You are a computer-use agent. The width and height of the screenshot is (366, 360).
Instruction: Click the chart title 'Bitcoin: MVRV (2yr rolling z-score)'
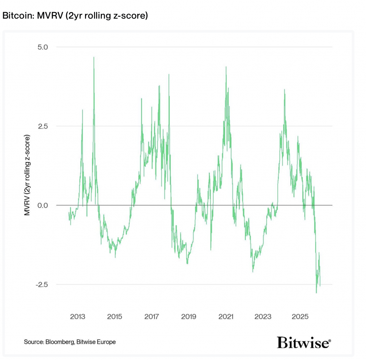[x=75, y=16]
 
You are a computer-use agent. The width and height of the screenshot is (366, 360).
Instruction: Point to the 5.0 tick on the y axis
[x=45, y=47]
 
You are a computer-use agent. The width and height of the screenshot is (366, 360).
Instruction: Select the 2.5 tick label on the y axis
[x=45, y=126]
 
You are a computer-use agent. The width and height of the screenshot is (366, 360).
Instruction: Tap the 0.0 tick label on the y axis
[x=45, y=205]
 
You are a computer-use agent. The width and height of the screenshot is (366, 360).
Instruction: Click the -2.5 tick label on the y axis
[x=44, y=285]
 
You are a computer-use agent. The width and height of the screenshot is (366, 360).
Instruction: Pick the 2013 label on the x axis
[x=78, y=317]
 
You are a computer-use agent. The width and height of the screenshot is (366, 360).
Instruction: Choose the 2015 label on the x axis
[x=114, y=317]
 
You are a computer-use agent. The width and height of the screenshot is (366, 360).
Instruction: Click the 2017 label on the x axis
[x=152, y=317]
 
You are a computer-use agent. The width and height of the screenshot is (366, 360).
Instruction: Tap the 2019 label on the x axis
[x=189, y=317]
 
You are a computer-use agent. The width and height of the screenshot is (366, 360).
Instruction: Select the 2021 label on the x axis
[x=226, y=317]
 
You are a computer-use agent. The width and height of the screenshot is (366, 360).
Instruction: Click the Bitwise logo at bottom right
[x=304, y=342]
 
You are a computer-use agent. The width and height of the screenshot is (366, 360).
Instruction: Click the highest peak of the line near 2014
[x=94, y=57]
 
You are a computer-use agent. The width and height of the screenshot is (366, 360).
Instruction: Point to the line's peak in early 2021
[x=226, y=67]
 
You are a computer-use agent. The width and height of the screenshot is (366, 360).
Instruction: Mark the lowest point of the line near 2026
[x=316, y=293]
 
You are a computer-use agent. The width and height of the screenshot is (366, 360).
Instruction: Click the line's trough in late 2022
[x=253, y=272]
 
